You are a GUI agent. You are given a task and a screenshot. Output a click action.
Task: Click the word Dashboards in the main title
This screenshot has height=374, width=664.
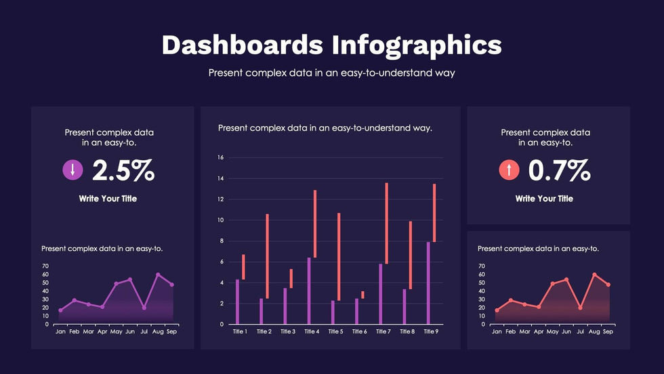(242, 45)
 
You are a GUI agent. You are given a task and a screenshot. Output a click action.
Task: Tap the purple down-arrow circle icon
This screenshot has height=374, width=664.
(72, 170)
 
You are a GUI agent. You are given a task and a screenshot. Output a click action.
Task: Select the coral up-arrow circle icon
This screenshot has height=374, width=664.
(509, 170)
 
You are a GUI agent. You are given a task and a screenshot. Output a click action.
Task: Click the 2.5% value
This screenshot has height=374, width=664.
(123, 170)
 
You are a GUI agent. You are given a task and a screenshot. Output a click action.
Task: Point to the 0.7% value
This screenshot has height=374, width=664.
(559, 170)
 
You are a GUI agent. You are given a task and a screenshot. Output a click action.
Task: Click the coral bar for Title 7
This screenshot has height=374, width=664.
(386, 223)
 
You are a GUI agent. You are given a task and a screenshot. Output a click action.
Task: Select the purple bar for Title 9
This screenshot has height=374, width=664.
(428, 283)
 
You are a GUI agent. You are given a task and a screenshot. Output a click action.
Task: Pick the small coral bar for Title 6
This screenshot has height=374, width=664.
(362, 295)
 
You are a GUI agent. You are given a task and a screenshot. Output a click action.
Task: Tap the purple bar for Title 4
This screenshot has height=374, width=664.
(309, 291)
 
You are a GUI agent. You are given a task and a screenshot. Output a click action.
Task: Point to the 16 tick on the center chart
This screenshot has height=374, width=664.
(220, 157)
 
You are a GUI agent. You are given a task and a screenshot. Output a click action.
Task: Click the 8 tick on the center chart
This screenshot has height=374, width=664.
(221, 241)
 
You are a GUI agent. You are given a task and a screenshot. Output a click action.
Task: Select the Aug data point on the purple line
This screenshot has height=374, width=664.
(158, 274)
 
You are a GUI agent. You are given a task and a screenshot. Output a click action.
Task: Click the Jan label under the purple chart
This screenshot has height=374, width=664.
(60, 331)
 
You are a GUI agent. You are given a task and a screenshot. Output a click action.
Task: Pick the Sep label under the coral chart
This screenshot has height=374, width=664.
(608, 331)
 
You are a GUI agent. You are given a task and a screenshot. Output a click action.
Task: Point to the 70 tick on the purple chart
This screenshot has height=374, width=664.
(45, 266)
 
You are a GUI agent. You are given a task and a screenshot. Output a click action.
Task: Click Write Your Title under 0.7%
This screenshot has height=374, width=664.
(544, 199)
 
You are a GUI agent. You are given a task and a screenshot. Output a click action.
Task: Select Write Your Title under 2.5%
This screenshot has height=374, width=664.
(108, 199)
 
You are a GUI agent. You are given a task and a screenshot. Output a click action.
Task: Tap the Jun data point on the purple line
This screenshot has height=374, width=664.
(130, 279)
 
